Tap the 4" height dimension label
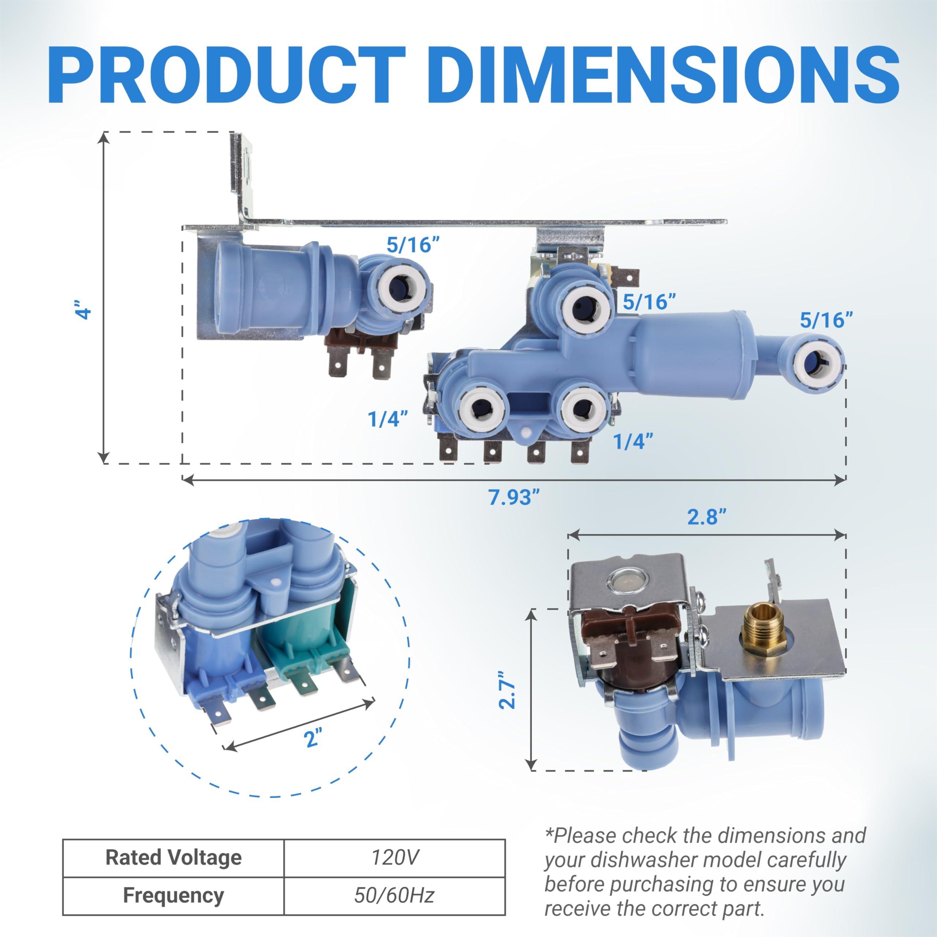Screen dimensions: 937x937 85,309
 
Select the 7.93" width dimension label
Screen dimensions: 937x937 514,497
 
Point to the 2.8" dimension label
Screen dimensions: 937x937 707,517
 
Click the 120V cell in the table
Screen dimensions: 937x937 394,858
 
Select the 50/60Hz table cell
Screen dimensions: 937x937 394,895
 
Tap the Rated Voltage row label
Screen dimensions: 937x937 173,858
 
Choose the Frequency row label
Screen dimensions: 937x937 173,895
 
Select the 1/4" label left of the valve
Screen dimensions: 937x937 388,419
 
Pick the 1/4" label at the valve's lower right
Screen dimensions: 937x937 633,441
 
